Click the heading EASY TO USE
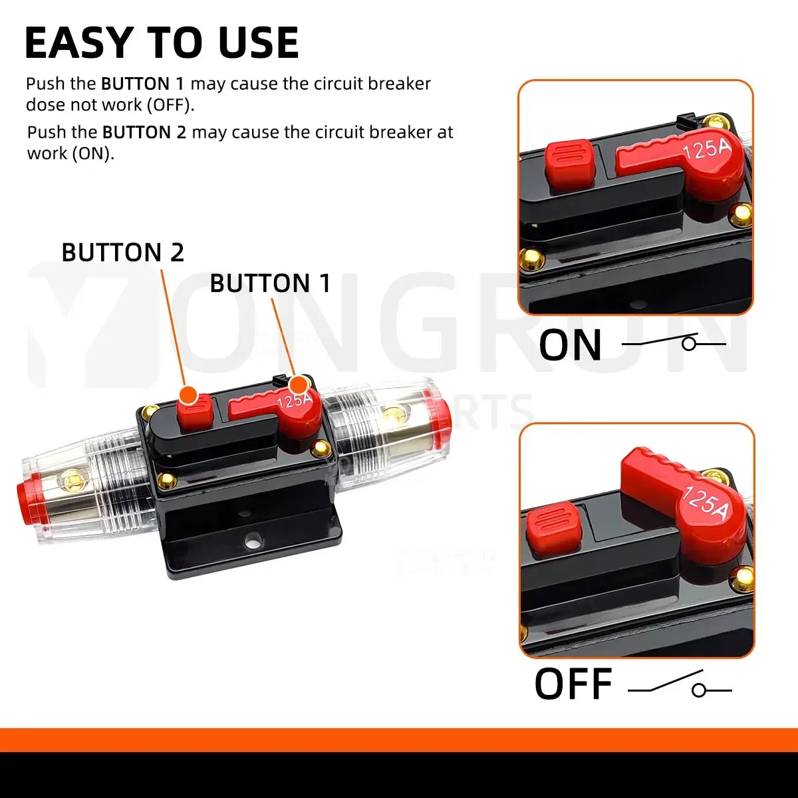162,44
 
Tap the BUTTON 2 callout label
122,253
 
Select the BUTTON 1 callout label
270,283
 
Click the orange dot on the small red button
190,394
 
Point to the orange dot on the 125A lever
299,385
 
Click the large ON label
570,345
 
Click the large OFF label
573,685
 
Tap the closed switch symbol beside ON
673,343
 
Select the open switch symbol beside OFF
680,687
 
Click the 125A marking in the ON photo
706,149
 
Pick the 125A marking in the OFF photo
705,503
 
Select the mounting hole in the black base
253,540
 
